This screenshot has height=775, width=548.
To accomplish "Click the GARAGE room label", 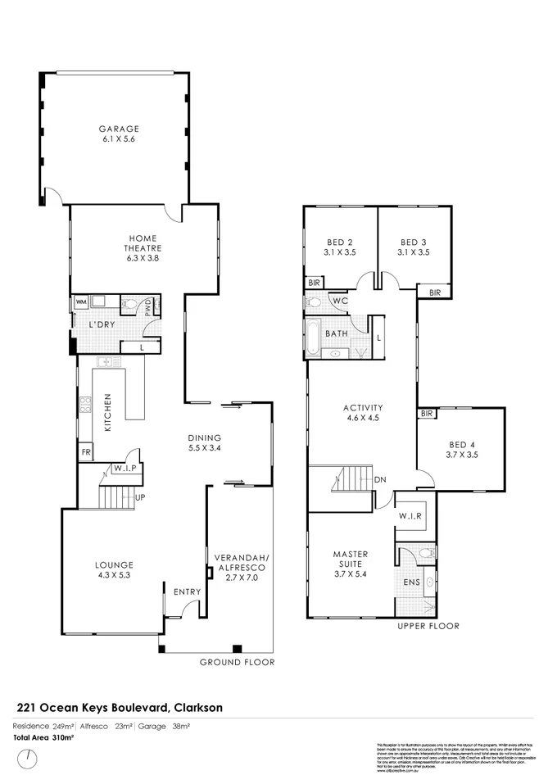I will pyautogui.click(x=120, y=129).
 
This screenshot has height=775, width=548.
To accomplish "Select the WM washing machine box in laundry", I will pyautogui.click(x=80, y=302).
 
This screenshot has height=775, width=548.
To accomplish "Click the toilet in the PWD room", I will pyautogui.click(x=129, y=306).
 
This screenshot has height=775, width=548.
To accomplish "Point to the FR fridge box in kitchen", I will pyautogui.click(x=84, y=451).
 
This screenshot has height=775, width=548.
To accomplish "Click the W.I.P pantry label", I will pyautogui.click(x=124, y=469).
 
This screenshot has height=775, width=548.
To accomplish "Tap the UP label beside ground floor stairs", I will pyautogui.click(x=140, y=496).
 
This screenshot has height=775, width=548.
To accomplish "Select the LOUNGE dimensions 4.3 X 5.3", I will pyautogui.click(x=115, y=575).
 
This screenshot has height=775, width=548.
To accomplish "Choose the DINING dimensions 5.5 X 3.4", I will pyautogui.click(x=205, y=448).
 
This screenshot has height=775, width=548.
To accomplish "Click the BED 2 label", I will pyautogui.click(x=339, y=242).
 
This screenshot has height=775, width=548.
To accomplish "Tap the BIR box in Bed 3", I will pyautogui.click(x=434, y=292).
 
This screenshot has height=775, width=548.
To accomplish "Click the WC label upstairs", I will pyautogui.click(x=341, y=301).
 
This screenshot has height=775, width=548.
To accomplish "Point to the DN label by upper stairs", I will pyautogui.click(x=379, y=480).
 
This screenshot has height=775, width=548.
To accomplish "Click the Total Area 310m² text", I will pyautogui.click(x=41, y=738).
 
